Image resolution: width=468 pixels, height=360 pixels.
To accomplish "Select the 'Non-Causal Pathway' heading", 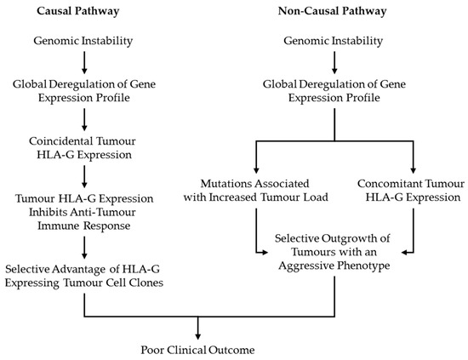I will tap(332, 13).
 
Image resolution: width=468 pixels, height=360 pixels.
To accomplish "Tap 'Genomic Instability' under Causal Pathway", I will tap(83, 40).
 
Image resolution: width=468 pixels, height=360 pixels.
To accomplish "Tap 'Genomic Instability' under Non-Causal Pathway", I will tap(332, 40).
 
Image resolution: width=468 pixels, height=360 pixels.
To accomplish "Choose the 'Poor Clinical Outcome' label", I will tap(197, 349).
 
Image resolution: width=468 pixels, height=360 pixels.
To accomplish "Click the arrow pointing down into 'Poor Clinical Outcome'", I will tap(197, 328).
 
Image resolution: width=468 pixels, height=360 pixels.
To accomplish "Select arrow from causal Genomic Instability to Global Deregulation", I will tap(83, 61).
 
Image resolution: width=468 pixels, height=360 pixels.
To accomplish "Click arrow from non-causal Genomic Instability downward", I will tap(332, 61).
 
